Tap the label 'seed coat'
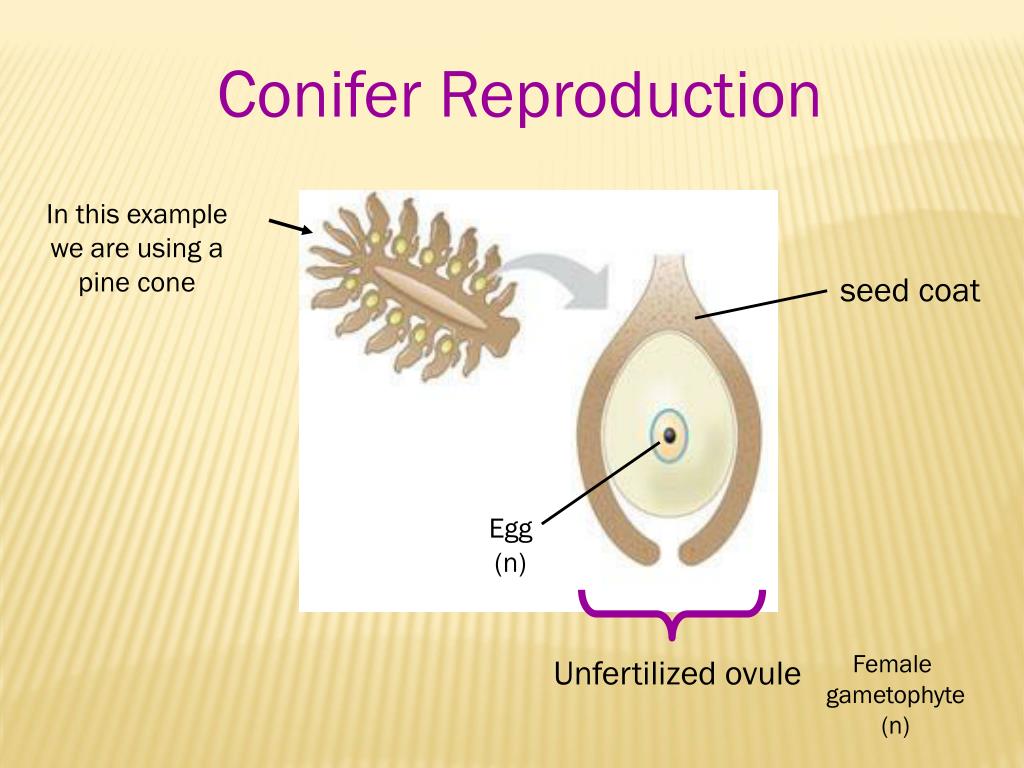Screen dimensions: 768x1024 909,292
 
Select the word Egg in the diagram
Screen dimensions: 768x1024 509,529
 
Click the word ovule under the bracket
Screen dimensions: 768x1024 760,674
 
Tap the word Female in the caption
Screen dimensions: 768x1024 894,664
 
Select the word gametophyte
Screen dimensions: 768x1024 895,695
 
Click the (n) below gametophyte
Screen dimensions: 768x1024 895,726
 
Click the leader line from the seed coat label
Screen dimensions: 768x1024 760,304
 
